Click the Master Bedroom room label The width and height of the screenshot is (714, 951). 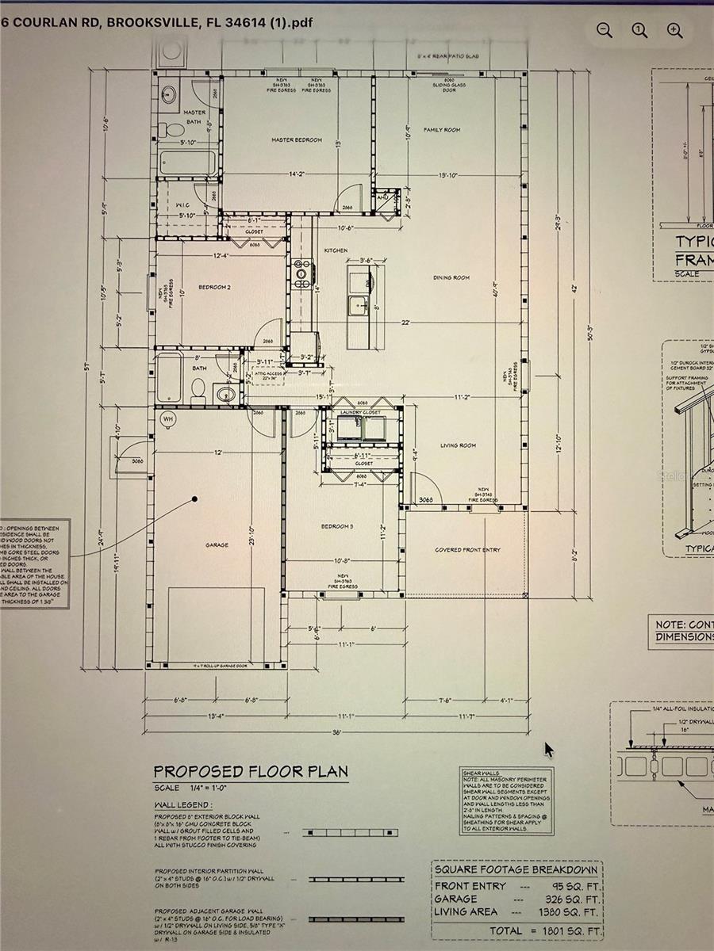tap(297, 140)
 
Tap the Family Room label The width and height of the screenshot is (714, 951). tap(442, 130)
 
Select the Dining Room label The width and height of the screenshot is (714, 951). tap(451, 277)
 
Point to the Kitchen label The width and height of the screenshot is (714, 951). tap(336, 250)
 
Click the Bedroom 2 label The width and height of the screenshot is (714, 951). tap(214, 288)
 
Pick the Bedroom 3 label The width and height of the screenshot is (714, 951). tap(337, 526)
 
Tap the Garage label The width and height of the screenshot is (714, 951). tap(217, 545)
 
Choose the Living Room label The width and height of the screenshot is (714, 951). tap(459, 445)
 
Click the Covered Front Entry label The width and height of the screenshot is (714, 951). tap(467, 549)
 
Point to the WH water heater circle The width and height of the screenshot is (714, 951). tap(168, 418)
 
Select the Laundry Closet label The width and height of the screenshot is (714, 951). tap(361, 413)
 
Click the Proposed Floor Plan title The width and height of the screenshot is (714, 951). tap(251, 771)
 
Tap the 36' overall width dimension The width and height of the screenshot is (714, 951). tap(336, 733)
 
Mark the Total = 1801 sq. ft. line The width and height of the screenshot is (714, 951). tap(545, 930)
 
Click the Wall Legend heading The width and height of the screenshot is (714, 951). tap(183, 804)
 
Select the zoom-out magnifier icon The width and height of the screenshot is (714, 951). tap(605, 30)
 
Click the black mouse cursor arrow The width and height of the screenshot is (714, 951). tap(549, 750)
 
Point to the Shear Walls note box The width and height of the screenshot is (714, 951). tap(507, 800)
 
